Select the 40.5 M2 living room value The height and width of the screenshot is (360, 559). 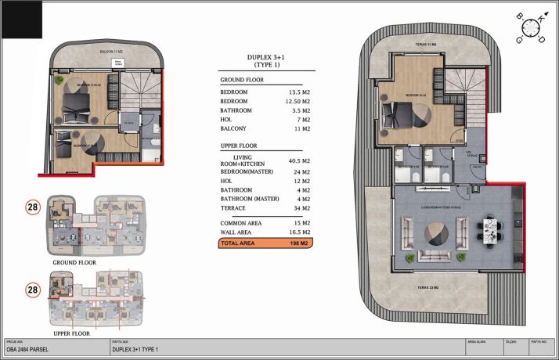301,161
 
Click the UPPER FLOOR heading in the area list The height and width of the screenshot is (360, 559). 241,146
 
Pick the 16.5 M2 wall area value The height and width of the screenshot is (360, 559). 301,232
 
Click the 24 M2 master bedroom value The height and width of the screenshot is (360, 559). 301,172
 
